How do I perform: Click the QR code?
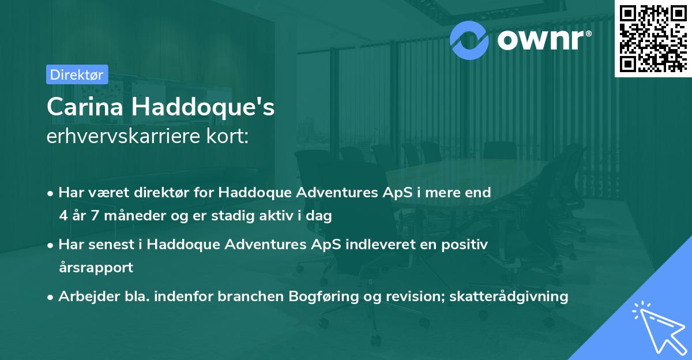click(653, 37)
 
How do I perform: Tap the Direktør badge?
click(77, 74)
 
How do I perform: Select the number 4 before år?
click(62, 216)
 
